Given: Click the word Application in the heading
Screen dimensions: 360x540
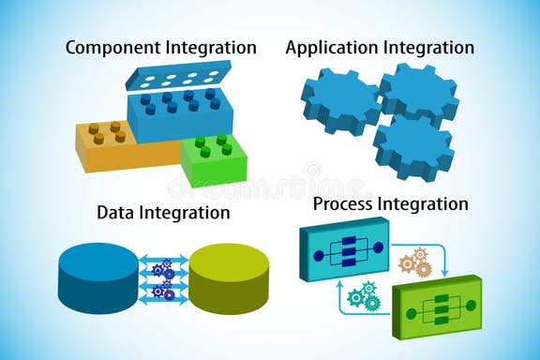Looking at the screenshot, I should tap(329, 47).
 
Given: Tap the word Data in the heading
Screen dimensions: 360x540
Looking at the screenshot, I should tap(116, 213).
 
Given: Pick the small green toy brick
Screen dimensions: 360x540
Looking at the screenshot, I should tap(214, 159).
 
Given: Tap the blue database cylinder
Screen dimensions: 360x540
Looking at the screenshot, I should tap(97, 278).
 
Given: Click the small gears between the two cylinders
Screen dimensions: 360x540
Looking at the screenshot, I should tap(163, 279).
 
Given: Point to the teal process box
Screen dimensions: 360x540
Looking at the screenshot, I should tap(344, 248).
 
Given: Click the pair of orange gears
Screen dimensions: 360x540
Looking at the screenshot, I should tap(414, 262).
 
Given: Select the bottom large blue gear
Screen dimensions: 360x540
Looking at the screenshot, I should tap(413, 144).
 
